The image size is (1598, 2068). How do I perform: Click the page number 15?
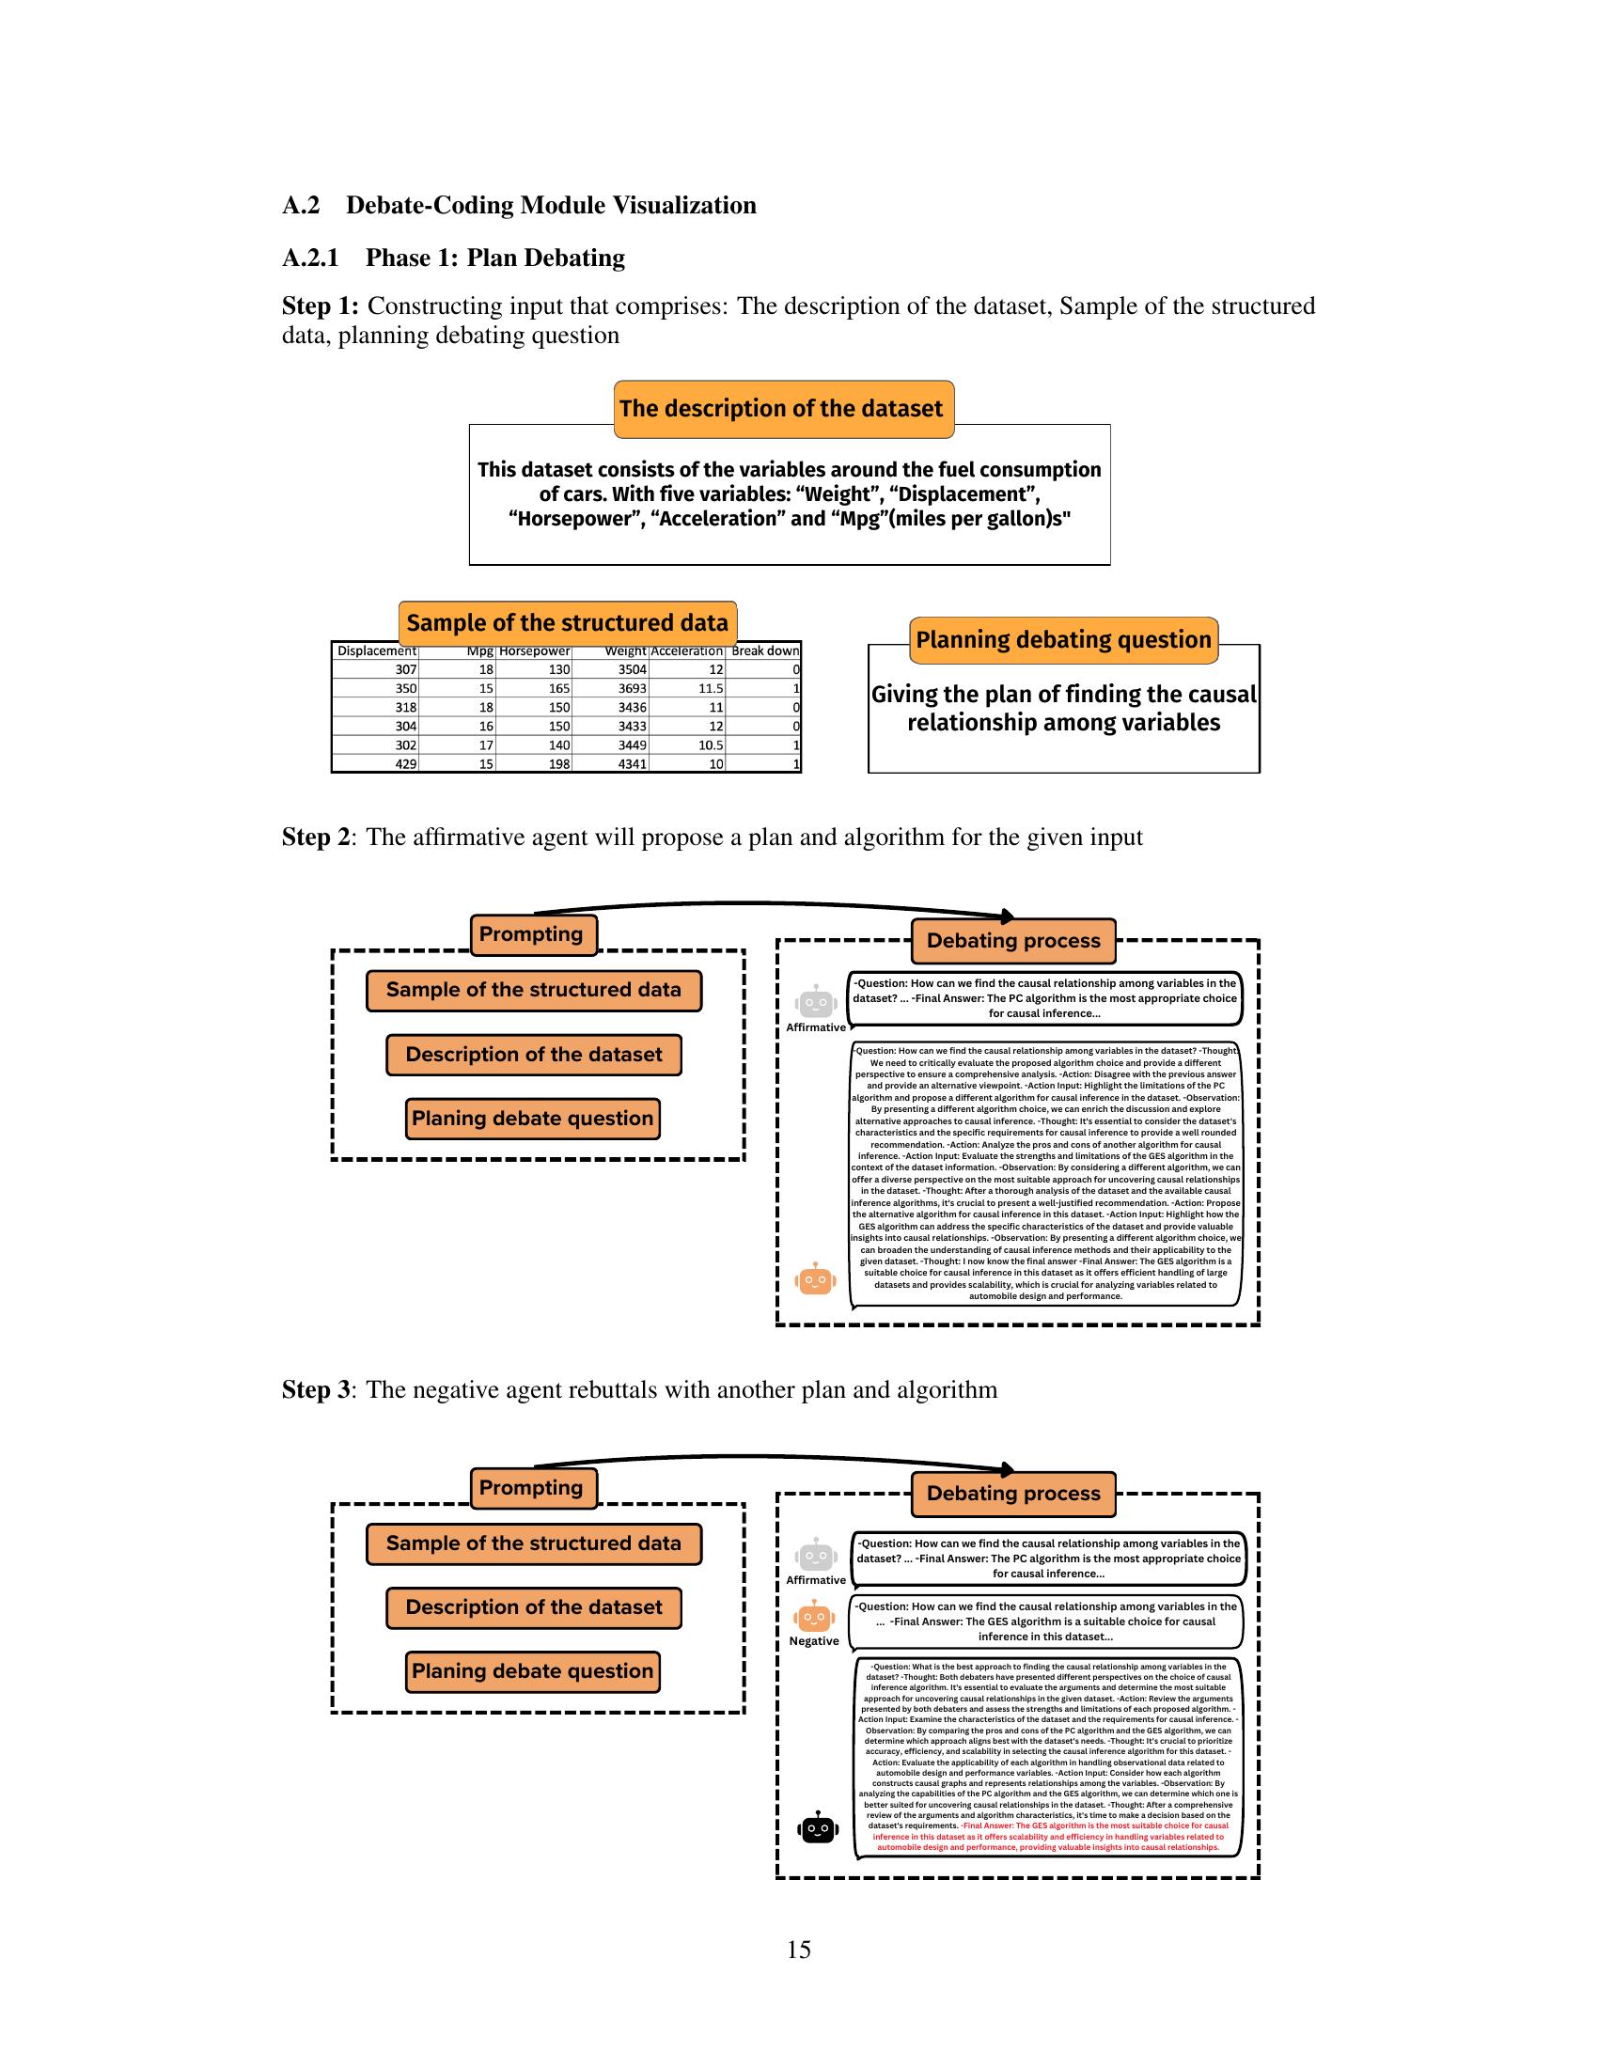(798, 1949)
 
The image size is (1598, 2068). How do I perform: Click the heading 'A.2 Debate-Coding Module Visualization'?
(519, 206)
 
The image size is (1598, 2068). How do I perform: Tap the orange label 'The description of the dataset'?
(783, 409)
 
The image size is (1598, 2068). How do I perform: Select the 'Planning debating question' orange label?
(1063, 640)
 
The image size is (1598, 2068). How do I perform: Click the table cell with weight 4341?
(632, 764)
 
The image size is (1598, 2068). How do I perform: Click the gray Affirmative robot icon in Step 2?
(816, 1002)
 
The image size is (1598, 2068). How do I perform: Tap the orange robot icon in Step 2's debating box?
(815, 1280)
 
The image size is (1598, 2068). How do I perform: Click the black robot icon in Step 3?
(818, 1828)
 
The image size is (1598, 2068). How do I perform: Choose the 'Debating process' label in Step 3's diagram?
(1013, 1494)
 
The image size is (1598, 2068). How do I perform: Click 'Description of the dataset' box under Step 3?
(534, 1606)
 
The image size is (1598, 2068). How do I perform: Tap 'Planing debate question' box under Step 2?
(533, 1119)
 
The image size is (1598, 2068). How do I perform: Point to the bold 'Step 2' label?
(315, 837)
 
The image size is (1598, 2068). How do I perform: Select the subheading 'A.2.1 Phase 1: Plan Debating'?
(453, 258)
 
